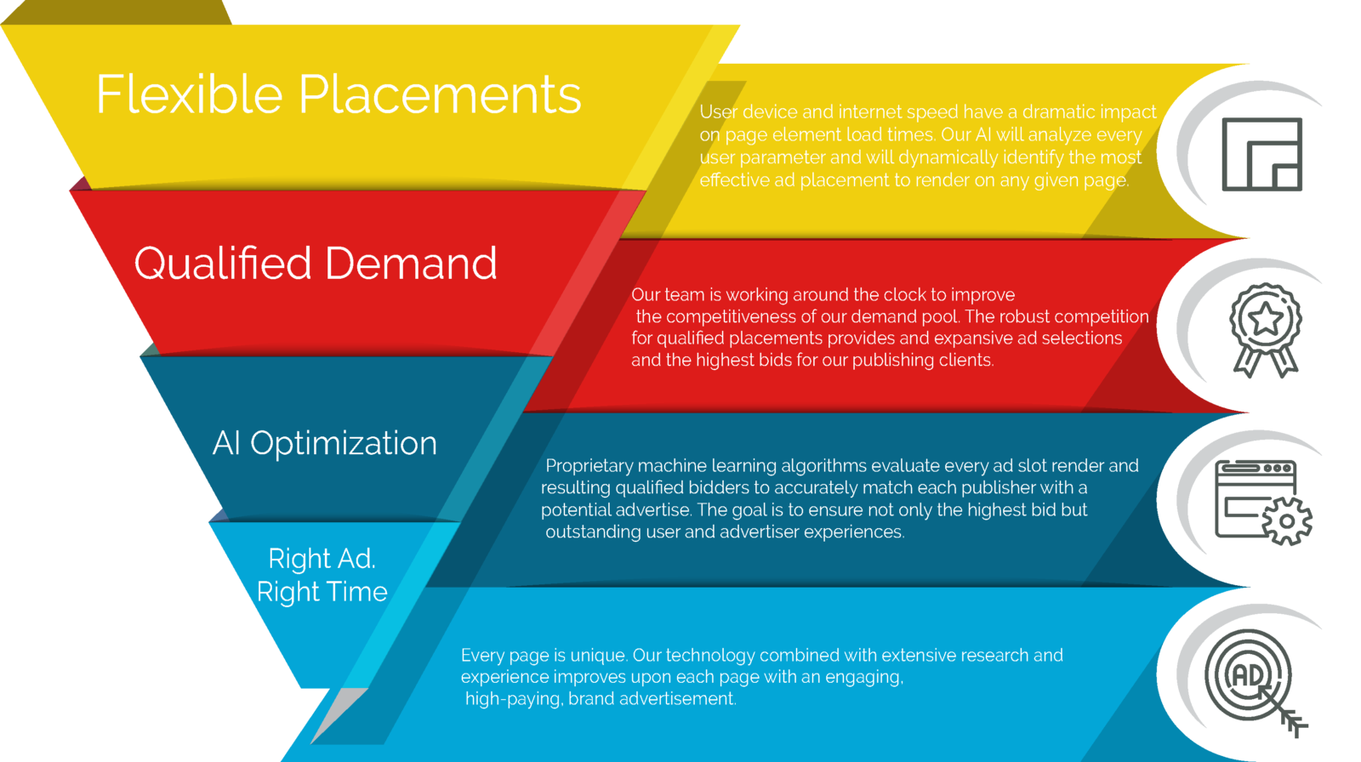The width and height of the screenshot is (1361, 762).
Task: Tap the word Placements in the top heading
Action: click(x=440, y=94)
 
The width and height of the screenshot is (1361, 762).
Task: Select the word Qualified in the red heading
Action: click(x=223, y=264)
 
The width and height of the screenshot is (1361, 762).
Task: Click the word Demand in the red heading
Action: click(x=412, y=264)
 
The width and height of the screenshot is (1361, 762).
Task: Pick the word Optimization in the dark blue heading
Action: click(x=344, y=444)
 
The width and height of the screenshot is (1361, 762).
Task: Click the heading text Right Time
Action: click(x=322, y=592)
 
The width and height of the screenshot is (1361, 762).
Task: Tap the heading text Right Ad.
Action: click(x=322, y=559)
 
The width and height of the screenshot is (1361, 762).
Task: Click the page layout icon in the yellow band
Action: click(x=1262, y=154)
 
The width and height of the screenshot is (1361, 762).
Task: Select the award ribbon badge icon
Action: click(x=1266, y=330)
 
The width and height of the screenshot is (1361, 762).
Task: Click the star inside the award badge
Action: click(x=1266, y=318)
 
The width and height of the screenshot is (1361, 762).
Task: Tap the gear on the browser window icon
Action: click(x=1287, y=520)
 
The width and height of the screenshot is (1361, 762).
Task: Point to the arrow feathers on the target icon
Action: click(x=1294, y=723)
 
